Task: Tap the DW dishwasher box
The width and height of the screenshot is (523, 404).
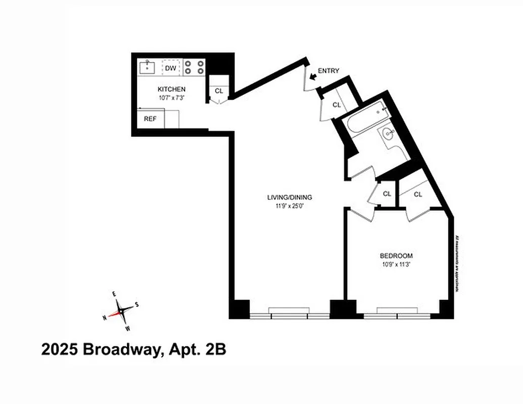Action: coord(171,68)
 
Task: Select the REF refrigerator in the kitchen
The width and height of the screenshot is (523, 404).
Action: coord(150,119)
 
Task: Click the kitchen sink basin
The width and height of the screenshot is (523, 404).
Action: coord(148,67)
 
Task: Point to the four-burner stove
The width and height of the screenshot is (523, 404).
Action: coord(194,67)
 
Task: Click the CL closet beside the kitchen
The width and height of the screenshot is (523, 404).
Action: coord(219,91)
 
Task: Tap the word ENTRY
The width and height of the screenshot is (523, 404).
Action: coord(328,71)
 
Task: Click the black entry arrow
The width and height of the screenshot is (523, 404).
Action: coord(313,76)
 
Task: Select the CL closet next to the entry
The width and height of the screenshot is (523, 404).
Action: coord(337,105)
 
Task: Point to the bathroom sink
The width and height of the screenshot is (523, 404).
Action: coord(389,134)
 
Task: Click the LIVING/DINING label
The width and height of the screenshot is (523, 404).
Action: coord(290,197)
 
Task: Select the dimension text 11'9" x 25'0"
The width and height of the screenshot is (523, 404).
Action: coord(290,206)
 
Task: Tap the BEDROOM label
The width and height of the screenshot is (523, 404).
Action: coord(396,256)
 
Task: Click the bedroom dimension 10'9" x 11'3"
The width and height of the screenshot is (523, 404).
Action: coord(396,264)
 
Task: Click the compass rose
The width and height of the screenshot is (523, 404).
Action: coord(121,310)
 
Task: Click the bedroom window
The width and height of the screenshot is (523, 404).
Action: coord(397,314)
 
